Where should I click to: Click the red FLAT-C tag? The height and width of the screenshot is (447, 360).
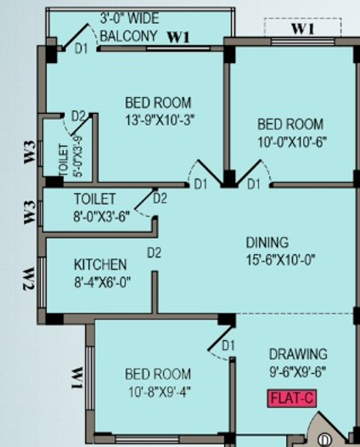pos(292,397)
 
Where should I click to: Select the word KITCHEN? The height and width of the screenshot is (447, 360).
pos(100,265)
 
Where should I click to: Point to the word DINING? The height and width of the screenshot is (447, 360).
pos(267,242)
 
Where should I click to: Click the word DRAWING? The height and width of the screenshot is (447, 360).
pos(297,354)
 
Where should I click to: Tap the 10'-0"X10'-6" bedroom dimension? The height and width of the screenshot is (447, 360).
pos(291,141)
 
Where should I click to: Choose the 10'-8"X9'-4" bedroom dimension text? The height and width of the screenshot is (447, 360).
pos(158,391)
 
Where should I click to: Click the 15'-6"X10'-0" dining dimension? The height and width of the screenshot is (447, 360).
pos(268,259)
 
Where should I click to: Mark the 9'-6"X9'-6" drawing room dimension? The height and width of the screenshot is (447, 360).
pos(298,371)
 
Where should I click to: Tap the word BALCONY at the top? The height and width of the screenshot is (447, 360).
pos(128,37)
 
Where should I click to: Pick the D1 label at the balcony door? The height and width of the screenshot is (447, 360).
pos(82,49)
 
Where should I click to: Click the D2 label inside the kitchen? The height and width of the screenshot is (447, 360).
pos(154,252)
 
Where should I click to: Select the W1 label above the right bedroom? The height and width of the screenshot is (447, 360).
pos(303,29)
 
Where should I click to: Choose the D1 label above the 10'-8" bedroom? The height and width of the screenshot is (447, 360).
pos(228,346)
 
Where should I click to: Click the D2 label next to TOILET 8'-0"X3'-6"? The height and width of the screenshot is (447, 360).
pos(160,200)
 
